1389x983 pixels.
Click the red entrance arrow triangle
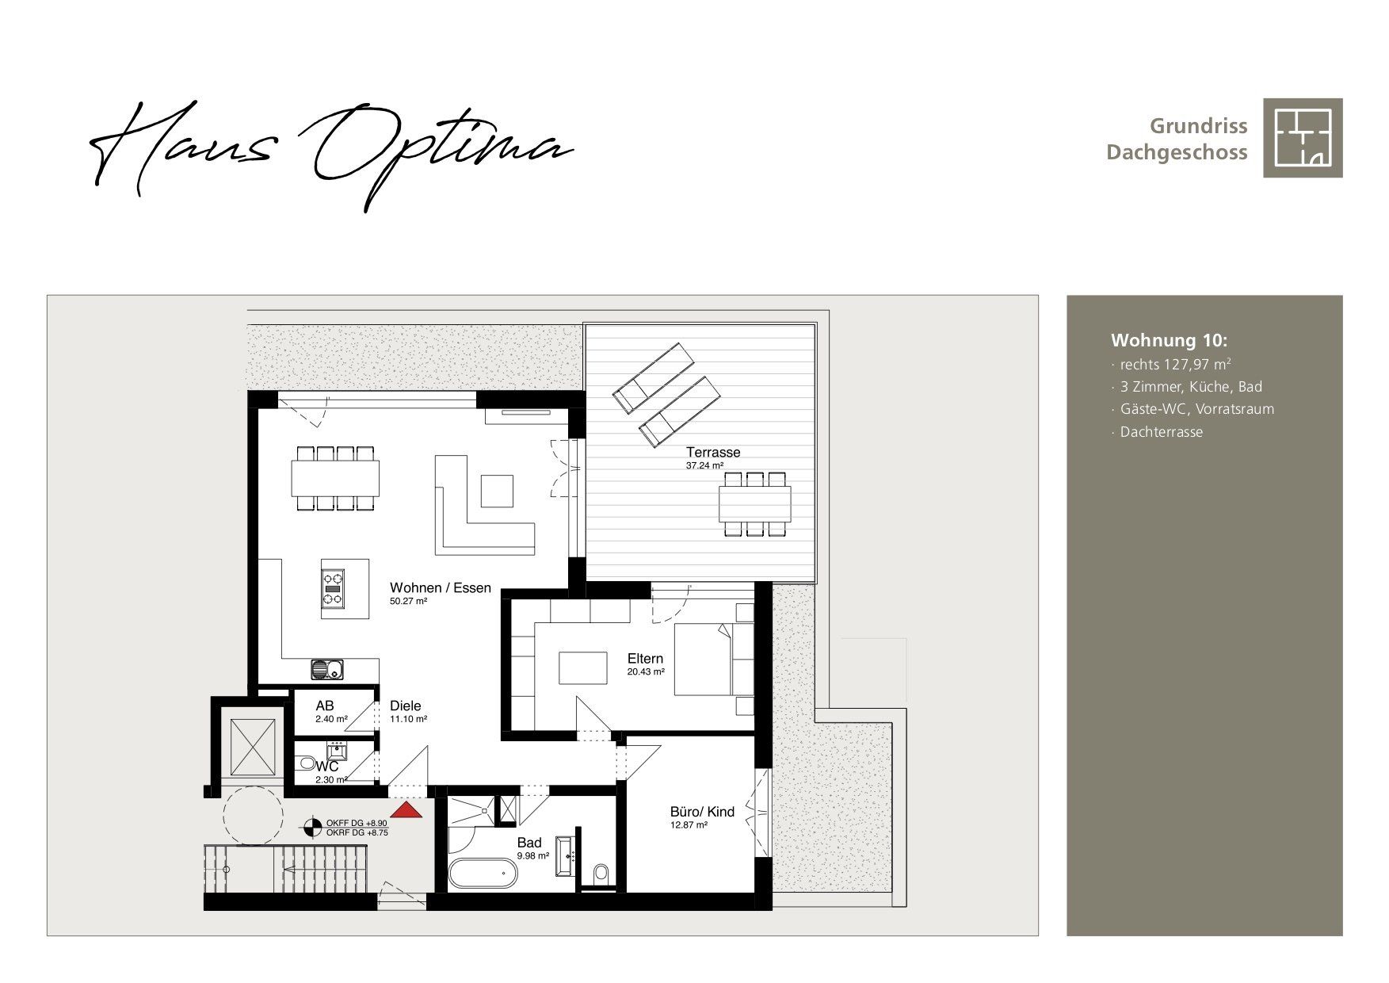point(406,809)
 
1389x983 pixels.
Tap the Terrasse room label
point(713,453)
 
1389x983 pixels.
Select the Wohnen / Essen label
point(441,588)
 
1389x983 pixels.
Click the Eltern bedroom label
point(645,659)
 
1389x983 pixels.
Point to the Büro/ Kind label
point(702,812)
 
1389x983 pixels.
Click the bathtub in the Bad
point(483,874)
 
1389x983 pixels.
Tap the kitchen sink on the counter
point(327,670)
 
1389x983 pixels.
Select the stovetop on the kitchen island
point(334,589)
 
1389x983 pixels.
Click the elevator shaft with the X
point(253,748)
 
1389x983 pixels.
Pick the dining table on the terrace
point(754,503)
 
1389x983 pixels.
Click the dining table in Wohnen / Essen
point(335,478)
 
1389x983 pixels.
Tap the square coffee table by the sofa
point(497,491)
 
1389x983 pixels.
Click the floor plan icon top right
point(1303,138)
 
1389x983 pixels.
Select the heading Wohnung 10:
point(1169,340)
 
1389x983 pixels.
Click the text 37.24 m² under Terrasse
point(704,466)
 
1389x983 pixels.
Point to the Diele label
point(405,706)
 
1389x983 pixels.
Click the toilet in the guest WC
point(306,764)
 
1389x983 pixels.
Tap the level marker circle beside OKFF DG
point(314,828)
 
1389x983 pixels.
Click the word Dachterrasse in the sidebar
point(1161,432)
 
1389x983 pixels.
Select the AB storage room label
point(325,706)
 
